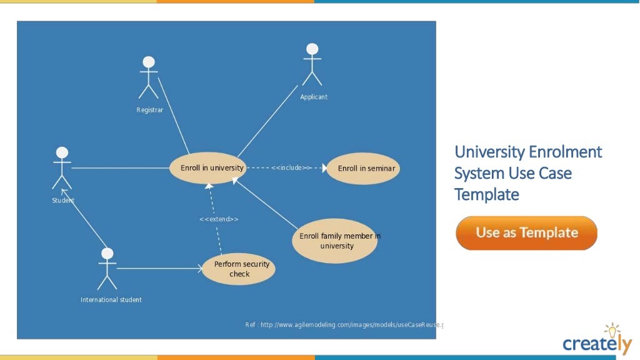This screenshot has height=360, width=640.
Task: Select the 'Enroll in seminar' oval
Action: [363, 168]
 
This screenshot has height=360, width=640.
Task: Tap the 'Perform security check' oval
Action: [241, 269]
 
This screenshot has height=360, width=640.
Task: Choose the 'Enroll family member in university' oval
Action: [336, 241]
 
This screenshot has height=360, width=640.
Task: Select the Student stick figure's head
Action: [62, 153]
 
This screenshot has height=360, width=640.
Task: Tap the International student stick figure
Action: [107, 269]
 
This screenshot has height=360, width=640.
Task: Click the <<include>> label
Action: [291, 168]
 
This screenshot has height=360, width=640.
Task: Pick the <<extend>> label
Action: [219, 219]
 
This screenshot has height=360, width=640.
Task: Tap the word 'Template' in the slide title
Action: [486, 194]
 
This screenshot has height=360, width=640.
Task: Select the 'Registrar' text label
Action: [149, 110]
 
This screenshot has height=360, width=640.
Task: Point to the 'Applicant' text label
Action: [313, 97]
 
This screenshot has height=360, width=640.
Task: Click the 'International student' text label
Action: [111, 300]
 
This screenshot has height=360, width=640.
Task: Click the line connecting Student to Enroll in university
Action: [122, 168]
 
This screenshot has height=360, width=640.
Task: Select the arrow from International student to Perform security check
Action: [159, 269]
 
